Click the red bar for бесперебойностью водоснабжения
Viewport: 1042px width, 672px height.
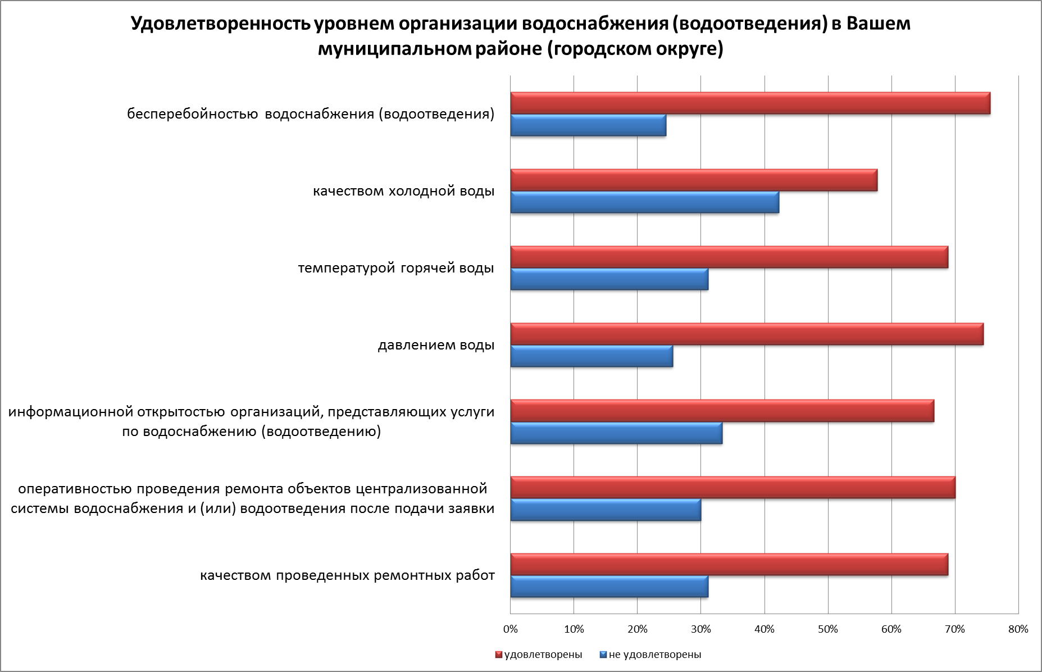(x=750, y=103)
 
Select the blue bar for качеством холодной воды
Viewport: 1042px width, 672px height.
(x=644, y=202)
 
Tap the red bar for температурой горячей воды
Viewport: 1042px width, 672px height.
(x=729, y=257)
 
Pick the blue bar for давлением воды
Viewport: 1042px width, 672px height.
(x=591, y=356)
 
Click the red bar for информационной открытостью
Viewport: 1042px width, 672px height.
(x=722, y=411)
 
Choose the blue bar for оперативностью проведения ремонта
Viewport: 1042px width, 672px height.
(x=606, y=510)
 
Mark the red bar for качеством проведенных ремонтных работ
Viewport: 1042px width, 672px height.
(x=729, y=565)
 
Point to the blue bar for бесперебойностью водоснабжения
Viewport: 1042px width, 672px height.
(x=588, y=125)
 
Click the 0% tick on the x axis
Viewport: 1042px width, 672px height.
(x=511, y=629)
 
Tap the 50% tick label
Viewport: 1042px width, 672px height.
(x=828, y=629)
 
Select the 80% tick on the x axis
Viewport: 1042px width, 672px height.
(x=1018, y=629)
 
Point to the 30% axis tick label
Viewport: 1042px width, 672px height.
(x=701, y=629)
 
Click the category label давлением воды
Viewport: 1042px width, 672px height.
(x=436, y=345)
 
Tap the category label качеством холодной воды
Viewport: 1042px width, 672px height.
(x=403, y=192)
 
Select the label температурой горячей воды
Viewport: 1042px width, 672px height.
(x=396, y=268)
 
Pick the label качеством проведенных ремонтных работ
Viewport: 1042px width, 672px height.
(x=347, y=576)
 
